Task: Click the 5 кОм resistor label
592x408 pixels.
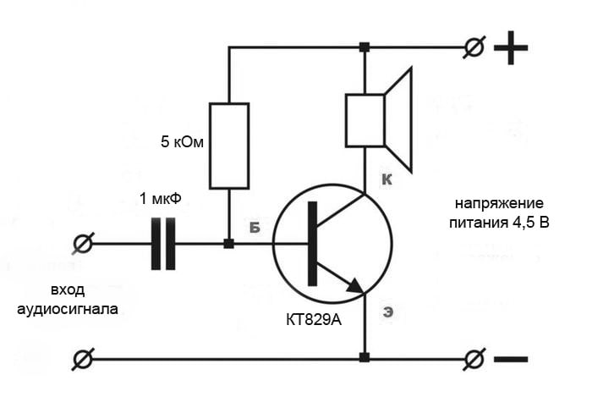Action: (x=182, y=142)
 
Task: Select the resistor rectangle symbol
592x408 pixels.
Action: (x=229, y=146)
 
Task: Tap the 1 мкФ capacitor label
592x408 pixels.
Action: (x=161, y=198)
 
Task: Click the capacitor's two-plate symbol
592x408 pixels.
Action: (x=163, y=244)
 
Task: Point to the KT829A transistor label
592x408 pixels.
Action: (x=314, y=320)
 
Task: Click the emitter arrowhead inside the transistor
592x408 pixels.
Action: (x=354, y=286)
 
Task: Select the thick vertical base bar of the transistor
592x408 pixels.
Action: (x=313, y=244)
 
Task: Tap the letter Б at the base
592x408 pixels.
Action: (x=255, y=227)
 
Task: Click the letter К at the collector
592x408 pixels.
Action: (x=386, y=179)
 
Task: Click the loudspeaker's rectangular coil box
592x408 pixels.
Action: (x=365, y=120)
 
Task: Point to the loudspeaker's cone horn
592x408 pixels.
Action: (x=398, y=120)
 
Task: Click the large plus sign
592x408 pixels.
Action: (x=511, y=47)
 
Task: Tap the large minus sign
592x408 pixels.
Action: (x=511, y=359)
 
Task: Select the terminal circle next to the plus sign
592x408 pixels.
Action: (x=474, y=47)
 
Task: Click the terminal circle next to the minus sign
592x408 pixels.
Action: (x=474, y=359)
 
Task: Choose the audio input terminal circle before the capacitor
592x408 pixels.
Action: (x=83, y=244)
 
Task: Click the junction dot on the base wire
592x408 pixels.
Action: (x=229, y=244)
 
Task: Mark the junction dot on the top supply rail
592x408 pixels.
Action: (x=365, y=47)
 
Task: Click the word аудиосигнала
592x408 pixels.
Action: (x=68, y=309)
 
